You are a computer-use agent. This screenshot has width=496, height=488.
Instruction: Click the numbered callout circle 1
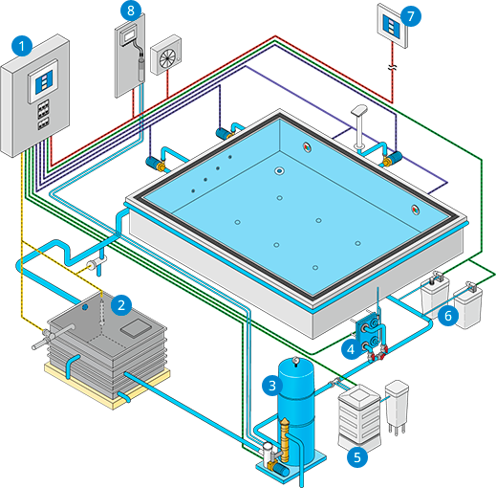22,46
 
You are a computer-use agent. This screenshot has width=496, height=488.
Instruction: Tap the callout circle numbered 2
121,305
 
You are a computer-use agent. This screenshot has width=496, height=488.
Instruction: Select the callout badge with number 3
272,386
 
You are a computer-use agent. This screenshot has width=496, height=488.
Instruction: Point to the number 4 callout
351,349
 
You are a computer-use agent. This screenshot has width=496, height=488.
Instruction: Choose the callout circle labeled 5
357,457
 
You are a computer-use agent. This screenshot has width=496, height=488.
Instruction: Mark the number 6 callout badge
448,316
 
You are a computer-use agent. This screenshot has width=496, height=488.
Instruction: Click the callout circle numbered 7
411,16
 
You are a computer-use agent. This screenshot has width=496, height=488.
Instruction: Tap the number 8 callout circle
131,11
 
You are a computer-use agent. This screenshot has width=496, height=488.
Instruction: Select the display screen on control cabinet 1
43,81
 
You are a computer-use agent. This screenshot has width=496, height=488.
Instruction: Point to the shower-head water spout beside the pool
359,127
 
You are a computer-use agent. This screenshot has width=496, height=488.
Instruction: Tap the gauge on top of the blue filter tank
296,361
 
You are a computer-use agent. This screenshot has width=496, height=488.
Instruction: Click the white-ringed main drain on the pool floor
279,171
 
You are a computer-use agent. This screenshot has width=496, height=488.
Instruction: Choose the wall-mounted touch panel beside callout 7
392,26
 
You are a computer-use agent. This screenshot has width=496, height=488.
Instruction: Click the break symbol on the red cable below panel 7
393,67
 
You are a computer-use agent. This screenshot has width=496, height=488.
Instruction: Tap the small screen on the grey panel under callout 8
129,37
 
